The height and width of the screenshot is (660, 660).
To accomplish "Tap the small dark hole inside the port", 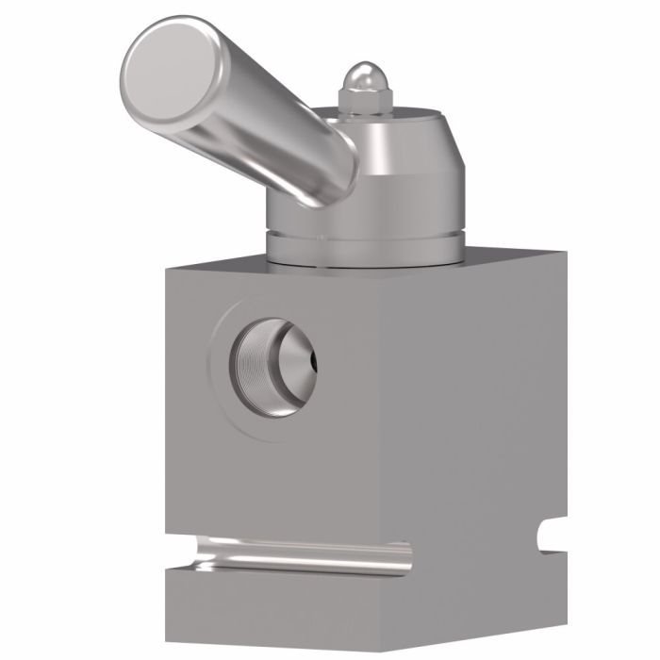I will (x=305, y=360).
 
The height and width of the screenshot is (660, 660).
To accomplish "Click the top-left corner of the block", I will (x=166, y=268).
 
